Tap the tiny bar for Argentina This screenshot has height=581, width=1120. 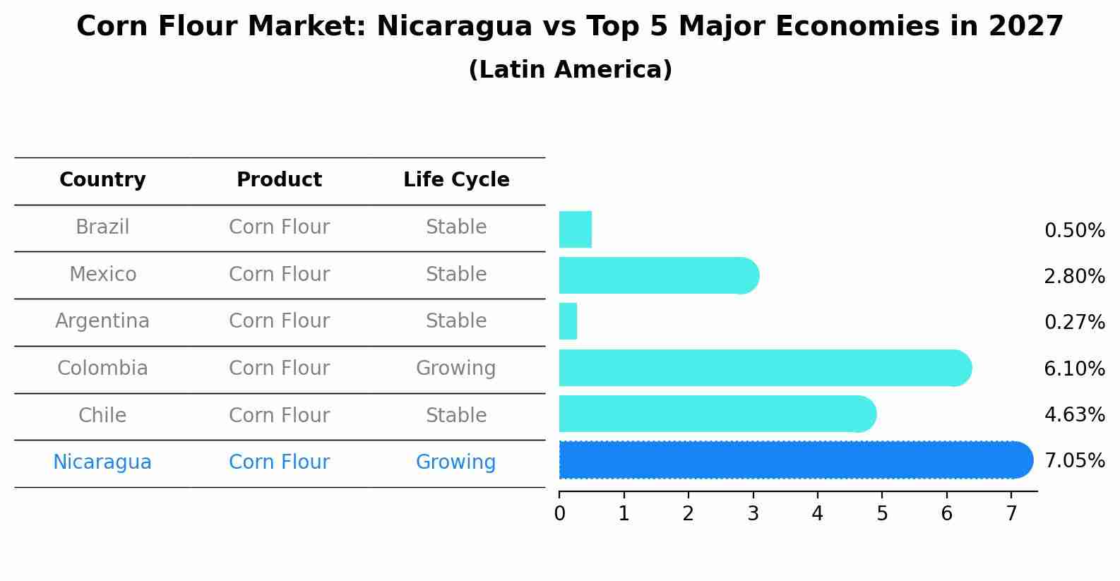568,321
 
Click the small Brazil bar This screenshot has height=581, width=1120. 575,229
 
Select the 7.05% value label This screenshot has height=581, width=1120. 1074,461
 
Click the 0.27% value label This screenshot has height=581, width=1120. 1074,323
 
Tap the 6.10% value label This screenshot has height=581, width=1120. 1074,369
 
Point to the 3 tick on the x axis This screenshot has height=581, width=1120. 753,514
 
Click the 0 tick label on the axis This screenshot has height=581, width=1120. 559,514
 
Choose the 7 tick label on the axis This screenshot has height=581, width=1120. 1011,514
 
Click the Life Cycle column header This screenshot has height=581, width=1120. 456,180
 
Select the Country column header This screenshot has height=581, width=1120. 102,180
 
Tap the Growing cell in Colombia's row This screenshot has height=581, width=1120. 455,369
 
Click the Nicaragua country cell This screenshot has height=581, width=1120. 102,462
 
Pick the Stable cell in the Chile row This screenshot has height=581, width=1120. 455,415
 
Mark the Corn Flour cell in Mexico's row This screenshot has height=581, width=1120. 279,274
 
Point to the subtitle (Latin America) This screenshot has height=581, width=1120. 570,70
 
